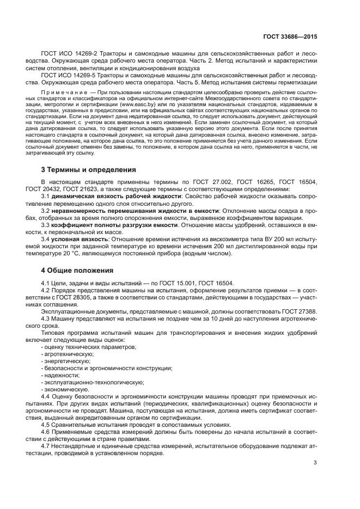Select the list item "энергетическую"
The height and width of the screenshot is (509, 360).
click(66, 361)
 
